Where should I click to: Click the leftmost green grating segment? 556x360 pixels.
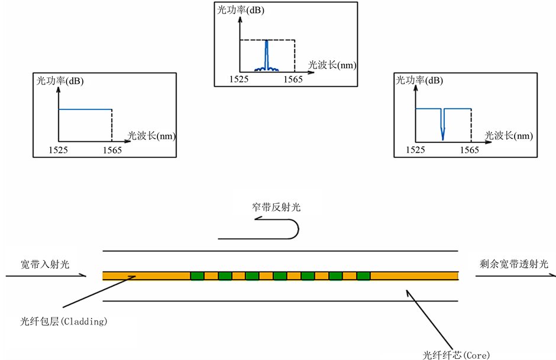pyautogui.click(x=197, y=275)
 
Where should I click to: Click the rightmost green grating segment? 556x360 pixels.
pyautogui.click(x=363, y=275)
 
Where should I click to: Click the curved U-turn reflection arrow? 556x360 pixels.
pyautogui.click(x=293, y=229)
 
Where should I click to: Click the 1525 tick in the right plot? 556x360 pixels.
pyautogui.click(x=415, y=150)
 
